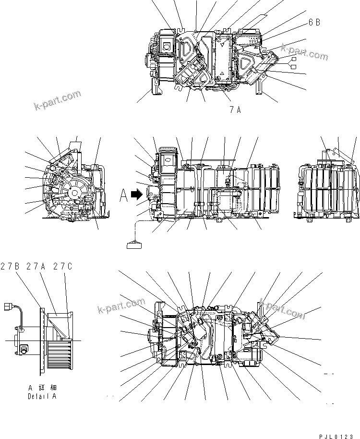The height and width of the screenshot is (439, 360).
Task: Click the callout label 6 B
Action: (x=314, y=23)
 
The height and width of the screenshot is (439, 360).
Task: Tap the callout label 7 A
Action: (x=235, y=110)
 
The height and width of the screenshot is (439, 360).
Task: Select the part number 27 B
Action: (x=10, y=266)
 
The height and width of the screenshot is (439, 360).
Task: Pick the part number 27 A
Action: (x=36, y=266)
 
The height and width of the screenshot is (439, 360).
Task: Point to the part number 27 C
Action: (x=63, y=266)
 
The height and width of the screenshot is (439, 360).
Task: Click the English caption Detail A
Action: (x=42, y=397)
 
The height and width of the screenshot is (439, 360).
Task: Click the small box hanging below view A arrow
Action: (x=134, y=246)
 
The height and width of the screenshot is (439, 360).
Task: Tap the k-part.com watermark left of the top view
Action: (x=57, y=100)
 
